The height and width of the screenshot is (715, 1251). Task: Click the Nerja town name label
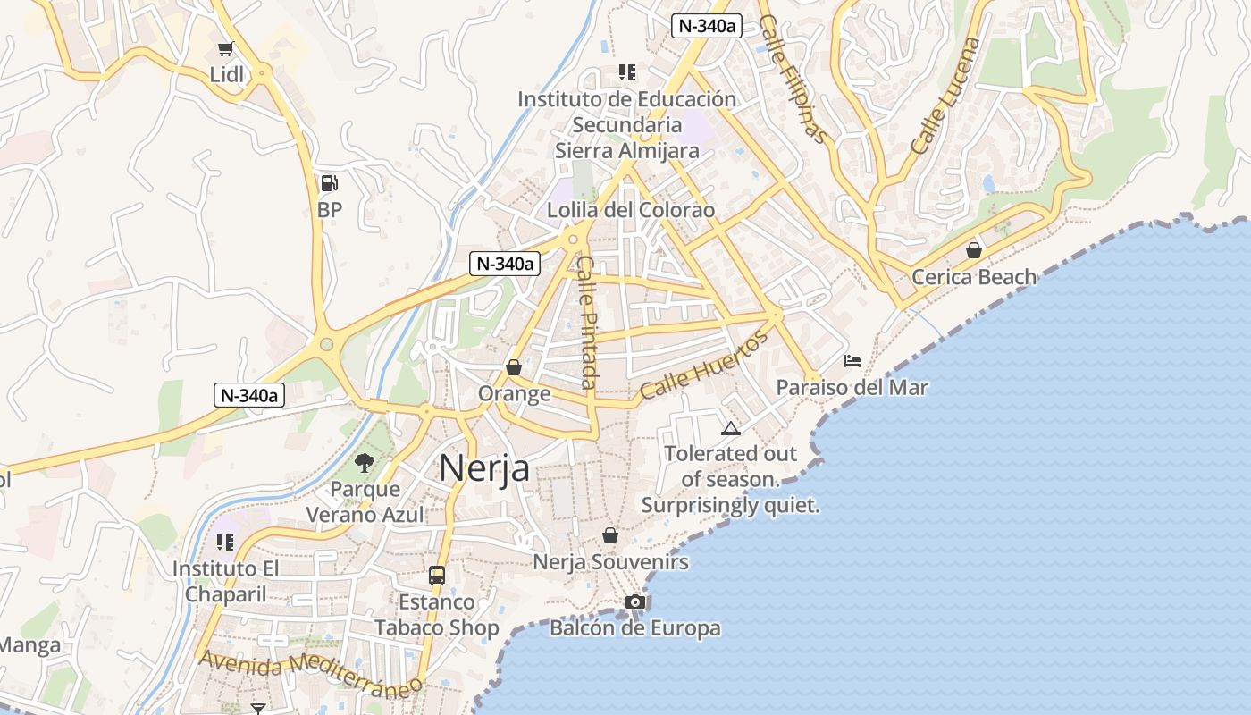pos(484,467)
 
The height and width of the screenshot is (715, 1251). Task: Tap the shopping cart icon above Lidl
pos(226,48)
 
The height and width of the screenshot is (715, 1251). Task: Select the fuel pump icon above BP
pos(329,183)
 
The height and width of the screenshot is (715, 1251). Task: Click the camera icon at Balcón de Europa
pos(635,601)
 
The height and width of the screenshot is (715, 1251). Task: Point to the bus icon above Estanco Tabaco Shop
pos(437,576)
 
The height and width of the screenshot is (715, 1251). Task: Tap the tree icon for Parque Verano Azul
pos(364,462)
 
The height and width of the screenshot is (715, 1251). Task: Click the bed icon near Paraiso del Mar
pos(852,361)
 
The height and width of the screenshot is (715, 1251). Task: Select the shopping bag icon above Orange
pos(514,367)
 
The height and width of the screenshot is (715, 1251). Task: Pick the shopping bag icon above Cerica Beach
pos(974,250)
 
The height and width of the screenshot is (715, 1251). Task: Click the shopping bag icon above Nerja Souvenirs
pos(610,535)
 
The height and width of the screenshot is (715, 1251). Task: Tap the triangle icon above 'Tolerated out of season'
pos(731,428)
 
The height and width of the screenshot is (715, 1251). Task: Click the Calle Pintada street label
pos(587,322)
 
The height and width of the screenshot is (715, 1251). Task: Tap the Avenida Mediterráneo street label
pos(311,674)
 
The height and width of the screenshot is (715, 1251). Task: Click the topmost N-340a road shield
pos(707,26)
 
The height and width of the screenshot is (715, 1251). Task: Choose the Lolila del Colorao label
pos(632,210)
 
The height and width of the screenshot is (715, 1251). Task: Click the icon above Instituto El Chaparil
pos(225,542)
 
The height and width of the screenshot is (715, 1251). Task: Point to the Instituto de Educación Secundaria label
pos(627,124)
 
